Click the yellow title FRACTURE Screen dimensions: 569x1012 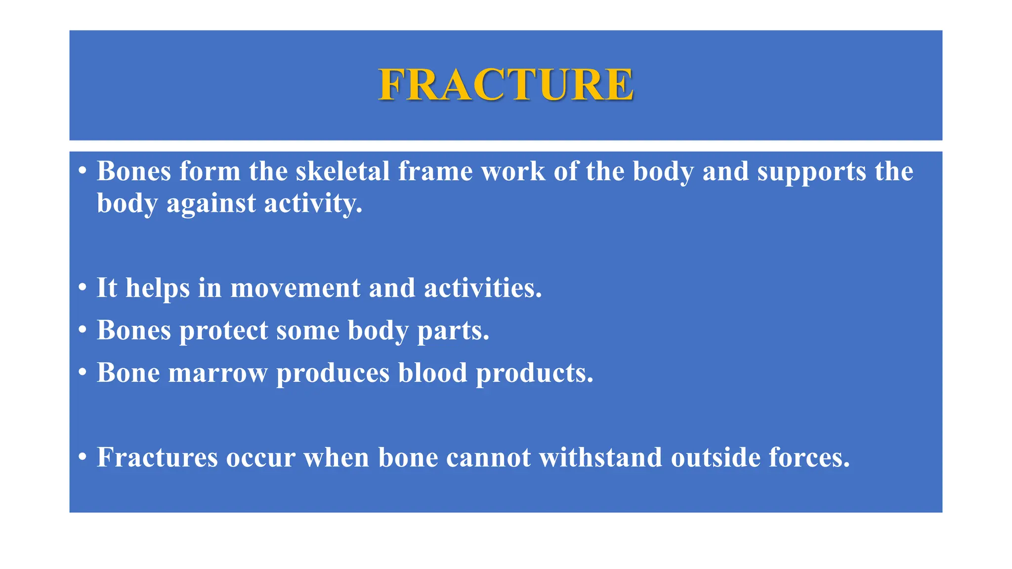pos(506,84)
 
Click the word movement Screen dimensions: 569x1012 pos(295,288)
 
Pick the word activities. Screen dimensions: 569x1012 pos(483,288)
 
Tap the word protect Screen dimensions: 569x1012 pos(223,330)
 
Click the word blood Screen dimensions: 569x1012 pos(432,373)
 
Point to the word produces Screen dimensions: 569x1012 pos(333,373)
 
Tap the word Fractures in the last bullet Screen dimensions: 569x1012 pos(157,457)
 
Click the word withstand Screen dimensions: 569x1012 pos(600,457)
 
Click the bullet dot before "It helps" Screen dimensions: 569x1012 pos(83,287)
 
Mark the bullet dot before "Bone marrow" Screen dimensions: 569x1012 pos(83,372)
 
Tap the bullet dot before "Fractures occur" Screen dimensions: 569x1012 pos(83,457)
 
